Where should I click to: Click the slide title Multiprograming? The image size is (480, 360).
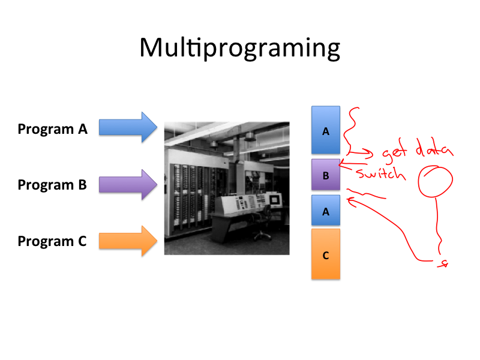(x=239, y=48)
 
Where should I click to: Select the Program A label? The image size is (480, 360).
(x=53, y=128)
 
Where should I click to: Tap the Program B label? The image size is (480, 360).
(x=52, y=185)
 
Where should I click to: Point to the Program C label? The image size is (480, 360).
(x=52, y=241)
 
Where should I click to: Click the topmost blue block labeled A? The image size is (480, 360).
(x=326, y=130)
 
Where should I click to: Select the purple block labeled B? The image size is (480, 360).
(x=326, y=176)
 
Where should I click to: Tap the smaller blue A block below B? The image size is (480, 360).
(x=326, y=210)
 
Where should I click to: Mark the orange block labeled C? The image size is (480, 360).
(x=326, y=254)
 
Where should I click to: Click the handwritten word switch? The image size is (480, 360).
(x=380, y=174)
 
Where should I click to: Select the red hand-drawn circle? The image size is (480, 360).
(x=436, y=181)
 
